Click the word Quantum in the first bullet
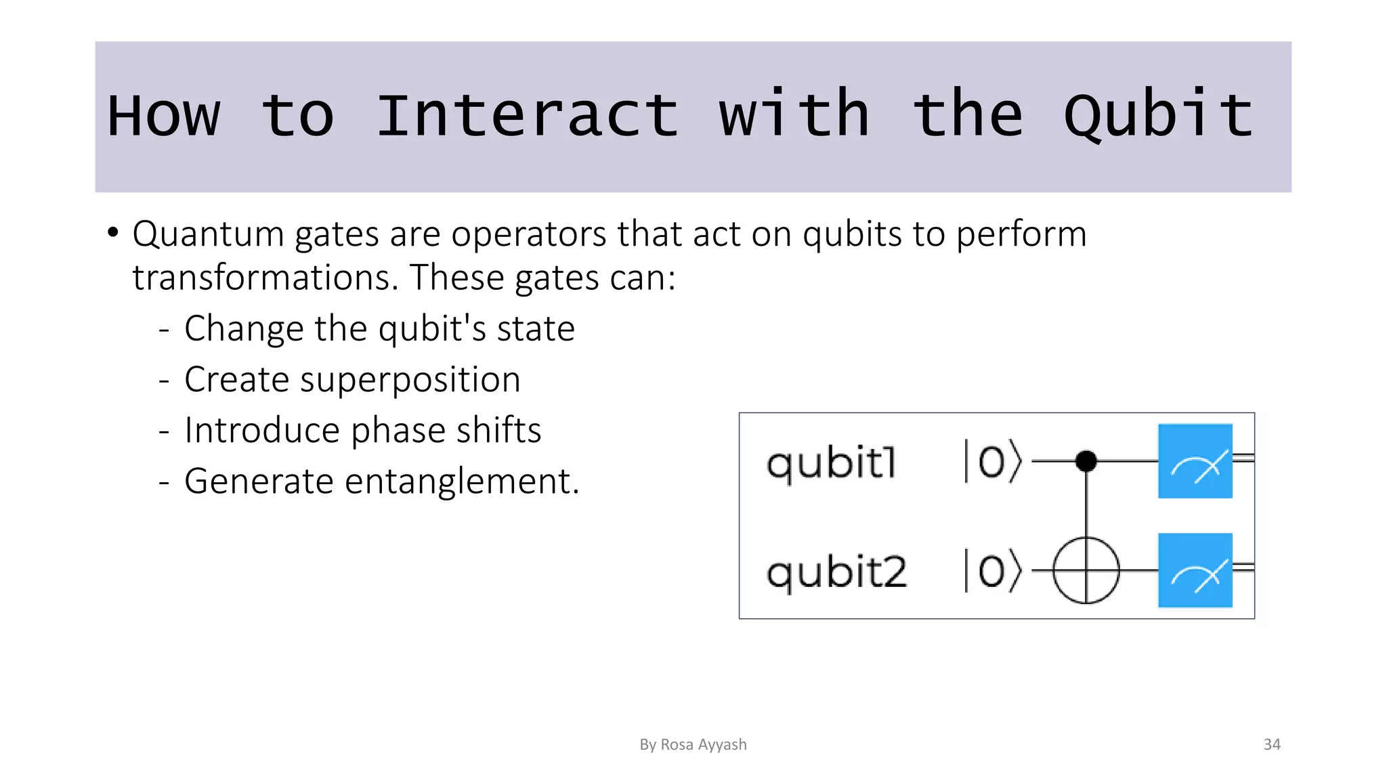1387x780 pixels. [209, 234]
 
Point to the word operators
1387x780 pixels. [530, 234]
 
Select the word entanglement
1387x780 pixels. [462, 481]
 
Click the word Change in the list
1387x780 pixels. [242, 328]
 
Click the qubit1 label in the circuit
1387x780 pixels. [831, 464]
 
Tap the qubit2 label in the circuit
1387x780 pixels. [836, 573]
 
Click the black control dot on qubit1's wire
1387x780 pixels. [1086, 461]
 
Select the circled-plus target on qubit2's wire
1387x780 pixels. [1086, 570]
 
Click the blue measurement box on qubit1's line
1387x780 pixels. [1195, 461]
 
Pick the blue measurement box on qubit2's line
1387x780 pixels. [1195, 570]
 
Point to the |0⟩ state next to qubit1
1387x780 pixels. [992, 462]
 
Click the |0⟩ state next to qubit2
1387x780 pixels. [992, 571]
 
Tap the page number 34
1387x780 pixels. [1272, 744]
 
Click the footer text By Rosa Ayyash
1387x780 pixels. [693, 744]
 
